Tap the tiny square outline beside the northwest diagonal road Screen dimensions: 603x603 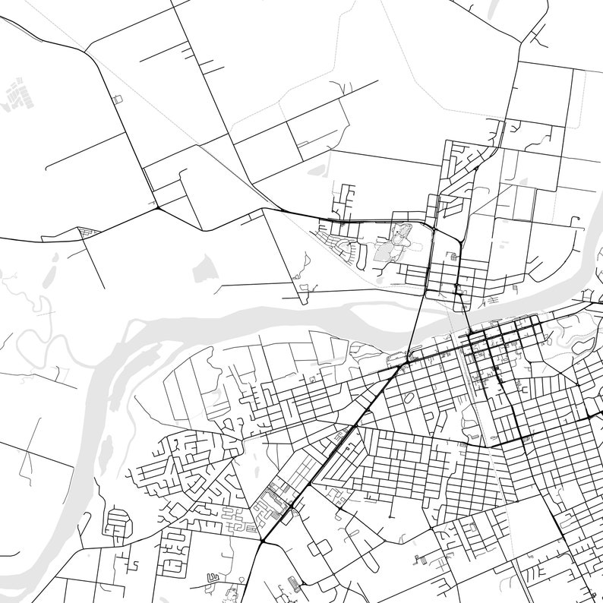[x=116, y=99]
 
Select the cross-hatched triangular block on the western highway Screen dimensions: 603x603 [x=90, y=229]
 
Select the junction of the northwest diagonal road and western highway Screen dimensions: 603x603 [x=157, y=207]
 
